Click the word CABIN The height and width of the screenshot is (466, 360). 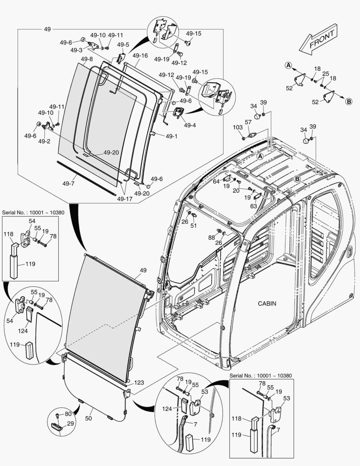267,303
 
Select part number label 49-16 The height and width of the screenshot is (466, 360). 140,56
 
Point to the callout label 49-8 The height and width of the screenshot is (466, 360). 86,59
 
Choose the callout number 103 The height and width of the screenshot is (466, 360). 238,127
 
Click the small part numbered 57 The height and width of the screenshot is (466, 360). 253,135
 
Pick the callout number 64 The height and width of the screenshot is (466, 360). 216,182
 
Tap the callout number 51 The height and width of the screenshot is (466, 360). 194,225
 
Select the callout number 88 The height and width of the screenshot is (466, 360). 211,237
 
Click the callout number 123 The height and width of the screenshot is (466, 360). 139,382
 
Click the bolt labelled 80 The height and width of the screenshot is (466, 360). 58,415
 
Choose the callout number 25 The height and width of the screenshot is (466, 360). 326,74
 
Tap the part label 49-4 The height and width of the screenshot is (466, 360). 190,126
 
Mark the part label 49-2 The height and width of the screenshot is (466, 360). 44,141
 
